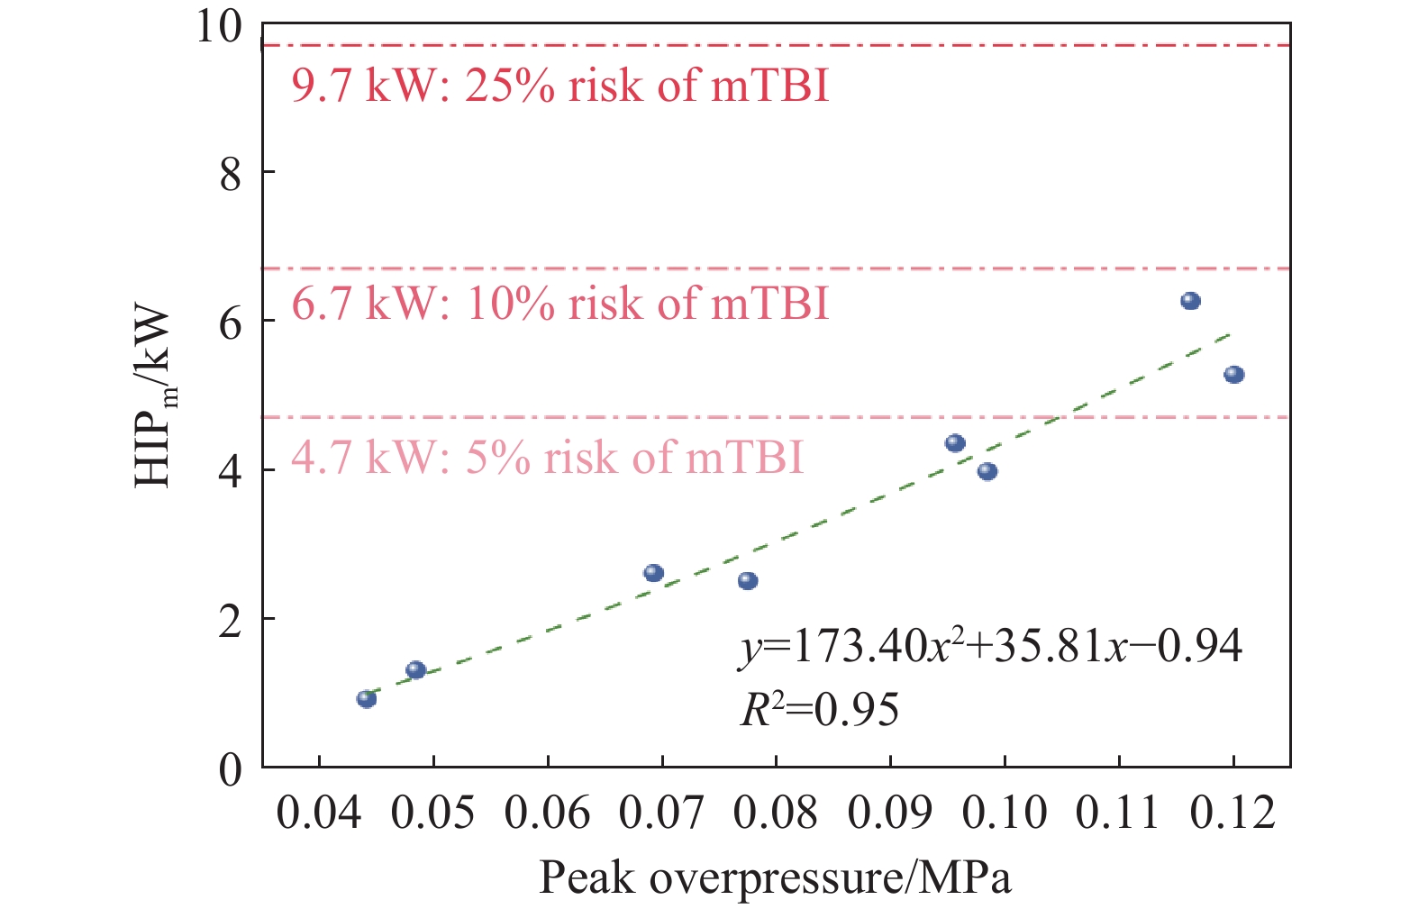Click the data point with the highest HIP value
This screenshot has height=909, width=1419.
[1190, 301]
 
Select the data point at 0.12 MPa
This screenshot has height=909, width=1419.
[1233, 375]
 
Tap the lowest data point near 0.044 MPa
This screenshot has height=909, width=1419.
[366, 699]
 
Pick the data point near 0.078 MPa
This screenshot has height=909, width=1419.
[748, 581]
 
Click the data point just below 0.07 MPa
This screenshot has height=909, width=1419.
[653, 573]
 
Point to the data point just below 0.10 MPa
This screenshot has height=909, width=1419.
[987, 471]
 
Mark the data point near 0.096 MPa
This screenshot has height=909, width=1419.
[955, 443]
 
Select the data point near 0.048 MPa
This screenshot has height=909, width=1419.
[415, 670]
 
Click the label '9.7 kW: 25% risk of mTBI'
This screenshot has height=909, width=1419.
[559, 86]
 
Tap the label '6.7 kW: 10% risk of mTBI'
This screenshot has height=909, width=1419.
[559, 304]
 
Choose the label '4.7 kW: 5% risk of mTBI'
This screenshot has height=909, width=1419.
[547, 458]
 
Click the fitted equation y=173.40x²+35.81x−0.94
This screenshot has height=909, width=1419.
[991, 646]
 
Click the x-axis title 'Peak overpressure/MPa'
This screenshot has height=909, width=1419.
[775, 877]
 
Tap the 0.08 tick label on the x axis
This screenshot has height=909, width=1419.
[775, 813]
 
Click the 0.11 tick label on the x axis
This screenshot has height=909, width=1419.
[1118, 813]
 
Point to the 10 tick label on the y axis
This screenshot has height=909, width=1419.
[220, 26]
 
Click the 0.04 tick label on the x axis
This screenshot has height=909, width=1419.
[319, 813]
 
